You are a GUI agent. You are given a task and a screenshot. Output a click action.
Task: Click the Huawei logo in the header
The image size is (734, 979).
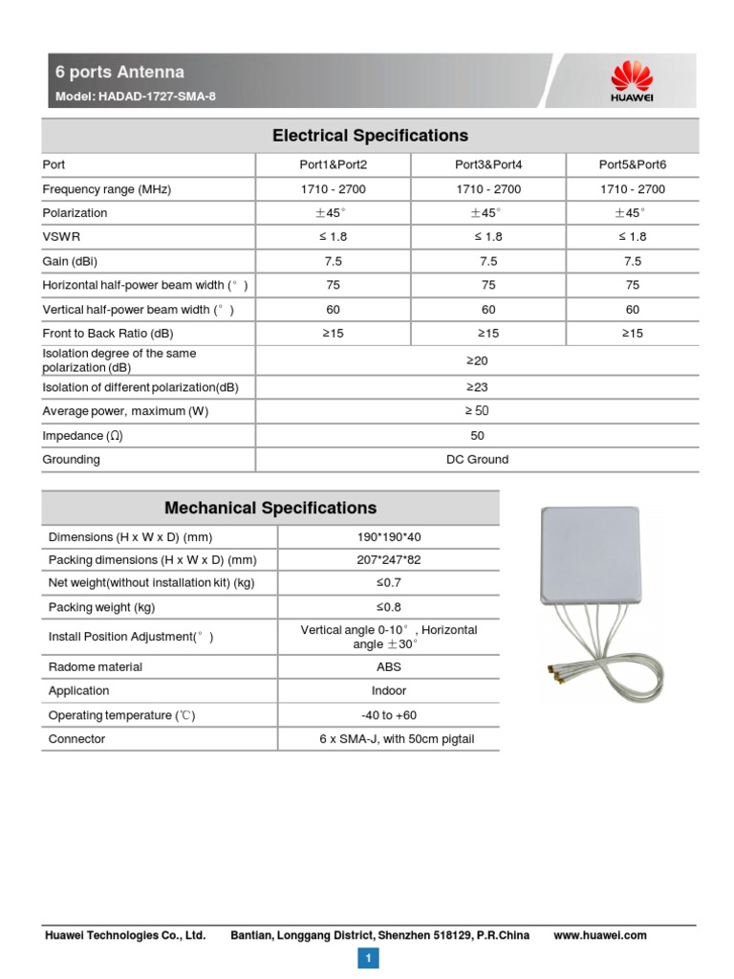[x=631, y=80]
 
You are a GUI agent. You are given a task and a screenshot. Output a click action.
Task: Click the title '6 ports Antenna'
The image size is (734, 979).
[x=119, y=73]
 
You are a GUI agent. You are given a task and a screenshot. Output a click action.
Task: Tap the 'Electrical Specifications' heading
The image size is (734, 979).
[x=370, y=136]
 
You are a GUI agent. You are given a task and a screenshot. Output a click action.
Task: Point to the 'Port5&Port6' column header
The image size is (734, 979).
[x=632, y=164]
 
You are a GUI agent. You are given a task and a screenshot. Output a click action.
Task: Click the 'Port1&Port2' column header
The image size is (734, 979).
[x=333, y=164]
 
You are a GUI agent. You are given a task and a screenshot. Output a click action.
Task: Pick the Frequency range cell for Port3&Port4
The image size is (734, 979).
[x=488, y=189]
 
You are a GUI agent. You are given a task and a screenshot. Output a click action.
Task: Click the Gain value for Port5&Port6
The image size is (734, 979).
[x=632, y=261]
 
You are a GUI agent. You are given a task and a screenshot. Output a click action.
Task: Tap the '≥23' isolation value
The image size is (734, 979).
[x=477, y=387]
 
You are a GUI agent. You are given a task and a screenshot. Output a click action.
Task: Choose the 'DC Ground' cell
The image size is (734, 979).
[x=477, y=460]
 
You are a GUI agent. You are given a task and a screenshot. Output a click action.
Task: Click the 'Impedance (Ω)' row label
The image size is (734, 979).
[x=83, y=436]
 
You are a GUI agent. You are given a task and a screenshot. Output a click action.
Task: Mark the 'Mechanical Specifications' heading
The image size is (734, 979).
[x=270, y=508]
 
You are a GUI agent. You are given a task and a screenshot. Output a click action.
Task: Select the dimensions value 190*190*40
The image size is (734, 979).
[x=388, y=537]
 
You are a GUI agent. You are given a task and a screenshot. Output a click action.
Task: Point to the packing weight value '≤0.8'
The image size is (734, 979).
[x=388, y=607]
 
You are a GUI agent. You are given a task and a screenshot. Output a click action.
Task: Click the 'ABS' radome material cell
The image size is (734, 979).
[x=388, y=667]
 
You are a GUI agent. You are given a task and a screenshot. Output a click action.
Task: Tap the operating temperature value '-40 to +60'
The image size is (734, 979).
[x=388, y=715]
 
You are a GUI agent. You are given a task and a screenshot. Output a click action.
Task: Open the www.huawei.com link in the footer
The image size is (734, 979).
[x=600, y=936]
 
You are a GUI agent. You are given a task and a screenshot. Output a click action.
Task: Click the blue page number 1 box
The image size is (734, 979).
[x=368, y=958]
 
